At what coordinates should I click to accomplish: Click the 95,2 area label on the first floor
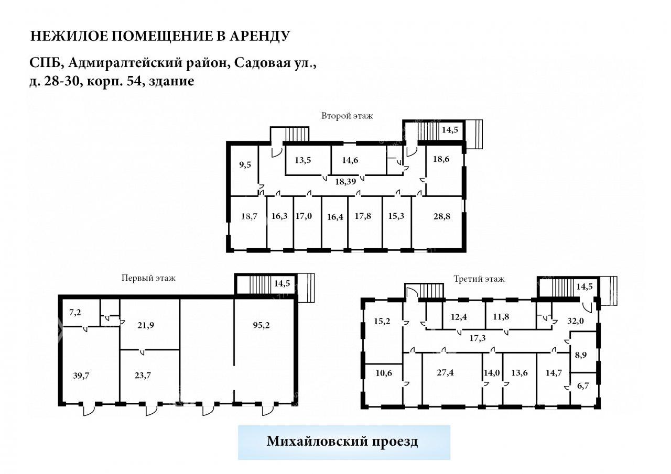tap(261, 325)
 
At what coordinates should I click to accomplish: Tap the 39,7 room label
tap(81, 375)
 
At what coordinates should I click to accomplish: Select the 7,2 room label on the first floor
tap(75, 312)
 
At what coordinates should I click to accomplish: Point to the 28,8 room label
tap(441, 216)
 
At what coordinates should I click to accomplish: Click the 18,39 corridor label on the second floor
tap(345, 181)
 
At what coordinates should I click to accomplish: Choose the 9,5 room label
tap(245, 164)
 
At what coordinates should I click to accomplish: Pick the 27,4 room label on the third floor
tap(445, 372)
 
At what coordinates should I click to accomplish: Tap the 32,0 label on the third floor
tap(576, 321)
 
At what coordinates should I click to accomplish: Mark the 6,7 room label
tap(582, 385)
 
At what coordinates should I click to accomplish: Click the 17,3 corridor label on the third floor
tap(478, 338)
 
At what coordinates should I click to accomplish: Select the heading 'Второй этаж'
tap(347, 116)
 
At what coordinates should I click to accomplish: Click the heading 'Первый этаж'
tap(148, 278)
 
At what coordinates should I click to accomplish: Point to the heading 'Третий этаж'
tap(479, 279)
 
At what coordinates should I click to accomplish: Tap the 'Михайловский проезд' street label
tap(342, 441)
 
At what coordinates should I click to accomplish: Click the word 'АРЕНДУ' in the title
tap(259, 36)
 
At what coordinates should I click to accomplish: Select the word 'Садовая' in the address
tap(262, 63)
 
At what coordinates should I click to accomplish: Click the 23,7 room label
tap(143, 375)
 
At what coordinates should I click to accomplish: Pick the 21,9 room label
tap(146, 325)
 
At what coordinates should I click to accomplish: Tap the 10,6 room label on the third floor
tap(384, 373)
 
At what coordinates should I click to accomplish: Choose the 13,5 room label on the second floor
tap(303, 160)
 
